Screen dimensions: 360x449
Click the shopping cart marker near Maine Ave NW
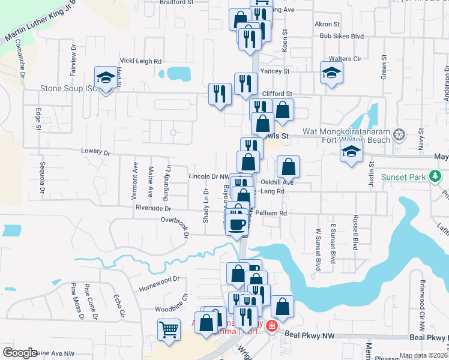(169, 329)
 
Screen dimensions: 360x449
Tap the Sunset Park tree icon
(435, 177)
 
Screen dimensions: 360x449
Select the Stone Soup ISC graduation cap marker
(106, 78)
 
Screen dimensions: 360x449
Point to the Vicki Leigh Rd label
(141, 61)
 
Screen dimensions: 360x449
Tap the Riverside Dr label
(154, 208)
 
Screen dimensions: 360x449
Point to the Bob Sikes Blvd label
(342, 36)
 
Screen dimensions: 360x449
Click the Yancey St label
(275, 71)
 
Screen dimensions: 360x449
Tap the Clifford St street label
(277, 94)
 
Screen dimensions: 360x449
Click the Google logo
(20, 353)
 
